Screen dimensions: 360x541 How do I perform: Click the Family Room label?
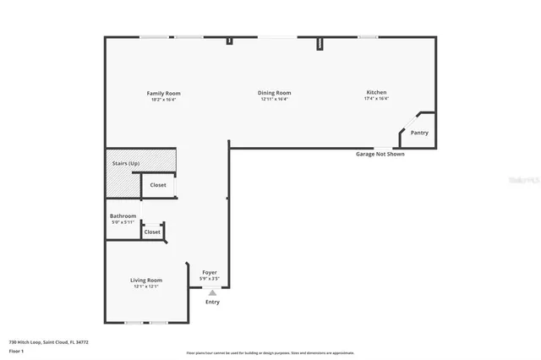163,93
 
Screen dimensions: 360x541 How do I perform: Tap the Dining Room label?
274,93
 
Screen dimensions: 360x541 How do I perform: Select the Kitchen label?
376,92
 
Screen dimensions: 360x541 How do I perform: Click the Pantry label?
419,133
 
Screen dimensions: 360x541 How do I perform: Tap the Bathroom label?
123,216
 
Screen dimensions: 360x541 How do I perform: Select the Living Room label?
145,280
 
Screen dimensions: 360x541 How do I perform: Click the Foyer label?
209,272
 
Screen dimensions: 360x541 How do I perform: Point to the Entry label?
212,302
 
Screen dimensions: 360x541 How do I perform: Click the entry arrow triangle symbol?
212,292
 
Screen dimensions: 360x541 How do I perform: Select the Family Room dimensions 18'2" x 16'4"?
163,100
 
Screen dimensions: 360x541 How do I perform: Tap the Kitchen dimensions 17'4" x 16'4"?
376,99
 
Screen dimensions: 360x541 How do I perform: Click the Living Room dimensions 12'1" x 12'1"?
145,286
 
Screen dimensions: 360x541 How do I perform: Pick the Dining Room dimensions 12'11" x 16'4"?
274,100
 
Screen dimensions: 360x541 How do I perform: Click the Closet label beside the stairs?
158,185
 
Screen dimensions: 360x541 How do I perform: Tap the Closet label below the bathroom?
152,232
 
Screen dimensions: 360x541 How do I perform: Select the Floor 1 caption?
16,350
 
